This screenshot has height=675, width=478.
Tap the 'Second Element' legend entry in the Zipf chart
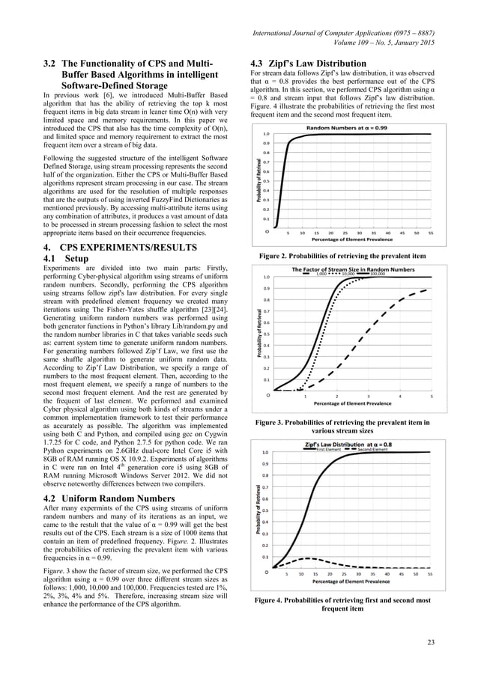click(372, 450)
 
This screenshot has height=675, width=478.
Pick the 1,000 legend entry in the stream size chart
click(321, 275)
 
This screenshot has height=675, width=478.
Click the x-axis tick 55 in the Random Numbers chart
click(431, 232)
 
